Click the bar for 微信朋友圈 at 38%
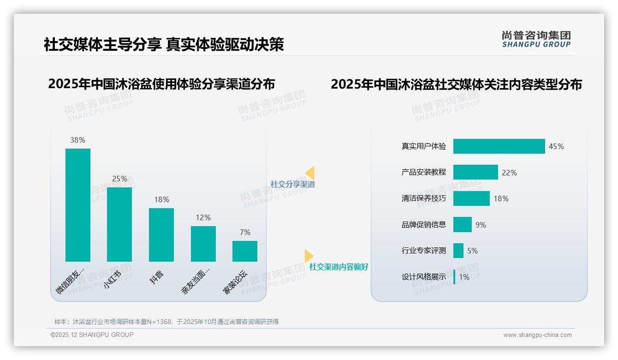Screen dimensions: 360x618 [78, 205]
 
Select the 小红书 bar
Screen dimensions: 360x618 [119, 224]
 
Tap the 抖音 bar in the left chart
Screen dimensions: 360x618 [161, 234]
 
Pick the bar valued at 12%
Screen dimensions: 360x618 [203, 244]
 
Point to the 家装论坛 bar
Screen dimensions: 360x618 [245, 251]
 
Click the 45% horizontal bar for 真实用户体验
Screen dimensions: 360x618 [499, 146]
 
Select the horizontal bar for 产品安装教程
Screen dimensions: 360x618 [475, 172]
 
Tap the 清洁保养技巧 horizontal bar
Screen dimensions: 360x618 [471, 198]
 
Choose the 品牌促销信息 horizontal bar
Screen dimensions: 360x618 [463, 225]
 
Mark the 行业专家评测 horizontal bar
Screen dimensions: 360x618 [458, 251]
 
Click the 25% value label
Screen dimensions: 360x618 [119, 179]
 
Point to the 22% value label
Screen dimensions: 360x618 [509, 173]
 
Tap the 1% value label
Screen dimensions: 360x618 [464, 277]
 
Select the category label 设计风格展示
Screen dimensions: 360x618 [424, 277]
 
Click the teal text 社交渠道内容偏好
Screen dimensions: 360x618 [339, 267]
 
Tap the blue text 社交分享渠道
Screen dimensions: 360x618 [292, 184]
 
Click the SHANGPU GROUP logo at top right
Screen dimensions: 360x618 [536, 39]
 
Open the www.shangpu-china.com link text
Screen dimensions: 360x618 [537, 335]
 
